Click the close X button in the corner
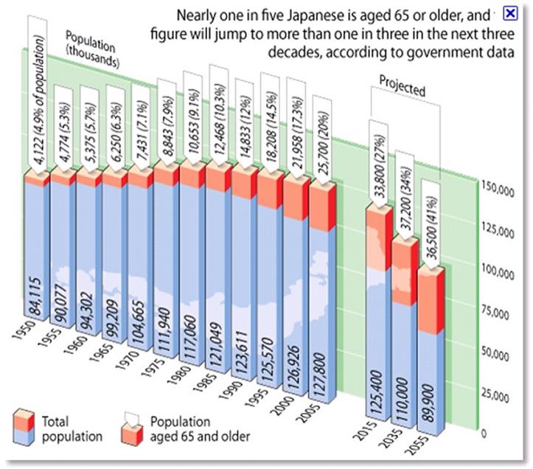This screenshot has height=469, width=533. (509, 13)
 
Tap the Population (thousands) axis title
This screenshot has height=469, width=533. (91, 49)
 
